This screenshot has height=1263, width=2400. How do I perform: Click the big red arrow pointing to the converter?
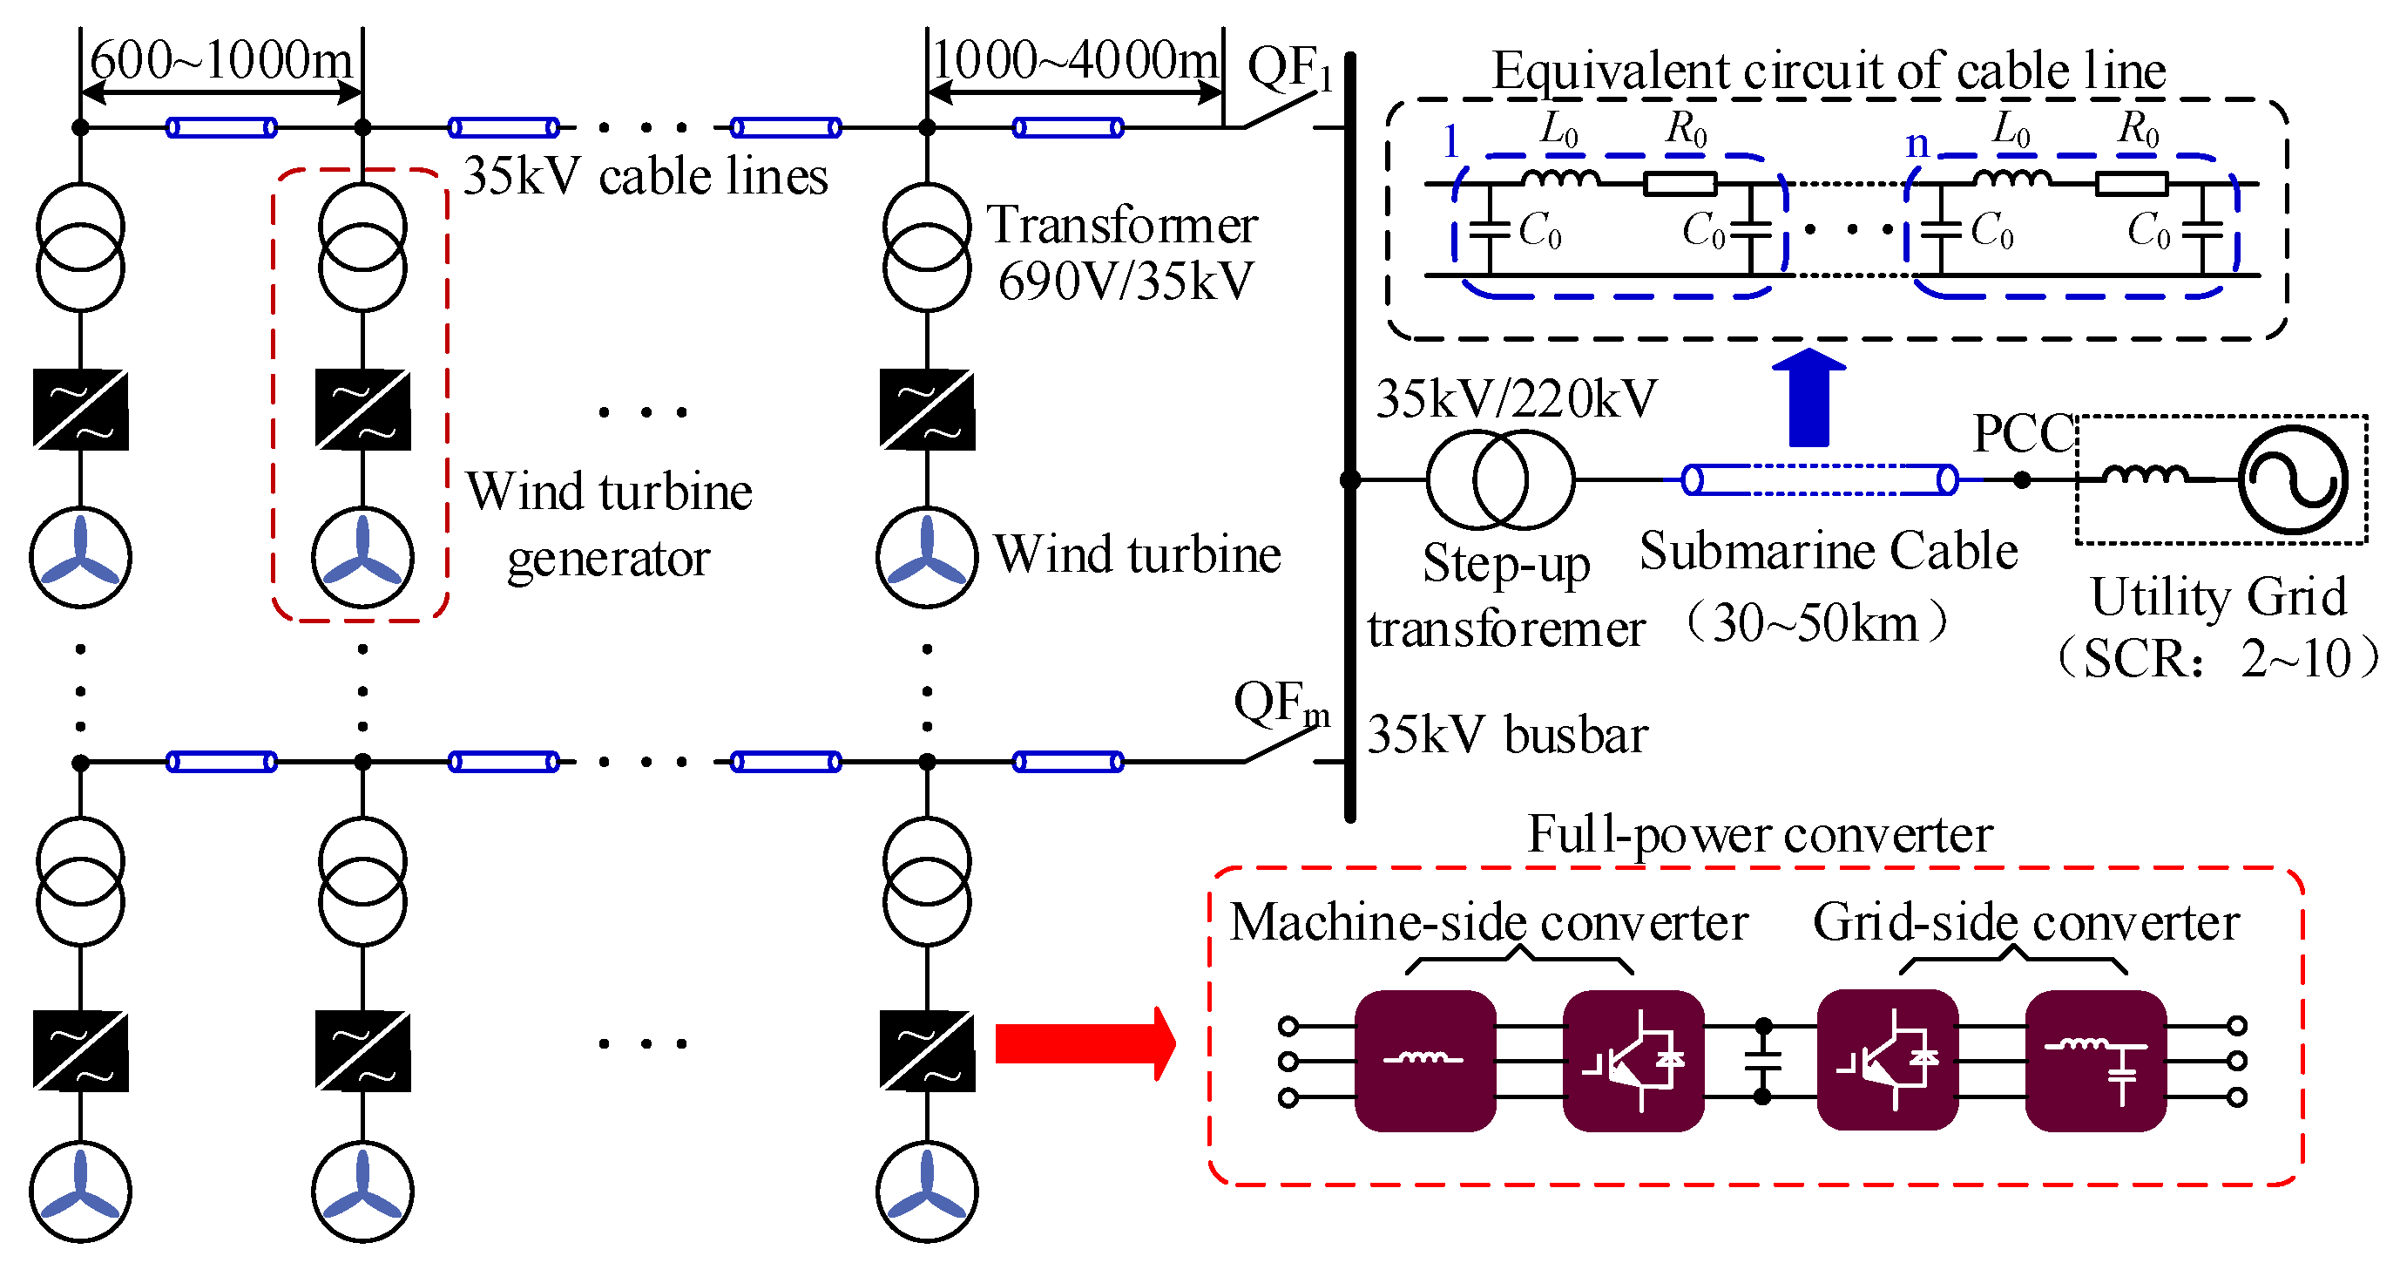pyautogui.click(x=1081, y=1043)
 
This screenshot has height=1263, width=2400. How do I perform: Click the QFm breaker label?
pyautogui.click(x=1281, y=703)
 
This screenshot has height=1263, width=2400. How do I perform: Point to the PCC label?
pyautogui.click(x=2023, y=433)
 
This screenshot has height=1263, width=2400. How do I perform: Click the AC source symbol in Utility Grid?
pyautogui.click(x=2293, y=479)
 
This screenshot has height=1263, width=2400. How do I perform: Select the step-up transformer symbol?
pyautogui.click(x=1499, y=479)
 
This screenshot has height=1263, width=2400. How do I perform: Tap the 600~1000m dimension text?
pyautogui.click(x=222, y=61)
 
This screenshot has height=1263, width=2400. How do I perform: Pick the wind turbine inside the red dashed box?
pyautogui.click(x=362, y=557)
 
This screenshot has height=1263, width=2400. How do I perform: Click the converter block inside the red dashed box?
pyautogui.click(x=362, y=411)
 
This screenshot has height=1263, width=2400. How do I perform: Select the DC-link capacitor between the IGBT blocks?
pyautogui.click(x=1761, y=1061)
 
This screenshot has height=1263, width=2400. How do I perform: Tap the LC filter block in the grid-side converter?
pyautogui.click(x=2095, y=1061)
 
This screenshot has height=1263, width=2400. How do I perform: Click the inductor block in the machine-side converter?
pyautogui.click(x=1424, y=1061)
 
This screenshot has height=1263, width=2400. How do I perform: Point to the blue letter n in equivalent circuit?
pyautogui.click(x=1917, y=144)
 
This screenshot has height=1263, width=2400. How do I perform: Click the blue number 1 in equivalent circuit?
pyautogui.click(x=1450, y=142)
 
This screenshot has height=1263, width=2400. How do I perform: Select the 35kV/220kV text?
pyautogui.click(x=1516, y=399)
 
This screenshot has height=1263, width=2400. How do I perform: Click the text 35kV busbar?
pyautogui.click(x=1506, y=735)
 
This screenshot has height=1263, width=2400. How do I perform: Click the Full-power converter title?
pyautogui.click(x=1759, y=834)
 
